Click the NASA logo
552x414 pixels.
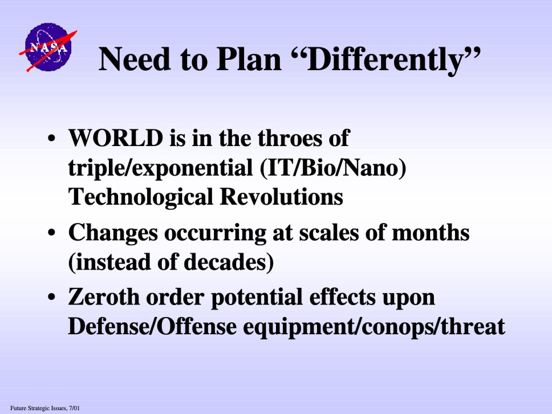point(48,47)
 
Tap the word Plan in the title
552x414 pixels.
point(249,59)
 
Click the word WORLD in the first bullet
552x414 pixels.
point(116,137)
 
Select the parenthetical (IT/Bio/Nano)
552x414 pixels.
point(333,168)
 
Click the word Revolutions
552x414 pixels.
point(281,196)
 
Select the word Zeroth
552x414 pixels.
point(104,297)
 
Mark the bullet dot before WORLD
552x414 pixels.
point(51,138)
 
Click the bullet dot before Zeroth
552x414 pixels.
point(51,297)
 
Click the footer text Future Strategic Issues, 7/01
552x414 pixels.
point(45,409)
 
